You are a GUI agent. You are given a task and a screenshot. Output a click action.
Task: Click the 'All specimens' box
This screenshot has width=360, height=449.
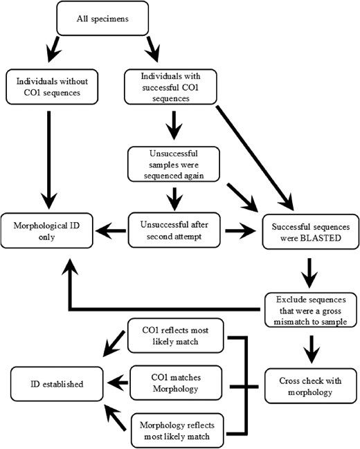[102, 19]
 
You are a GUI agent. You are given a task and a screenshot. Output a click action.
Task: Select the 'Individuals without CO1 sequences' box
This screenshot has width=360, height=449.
[52, 86]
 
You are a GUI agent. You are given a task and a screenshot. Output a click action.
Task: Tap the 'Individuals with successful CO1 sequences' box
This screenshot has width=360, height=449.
[170, 86]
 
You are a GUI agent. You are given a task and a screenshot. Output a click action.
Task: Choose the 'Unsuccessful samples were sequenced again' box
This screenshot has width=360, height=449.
[174, 165]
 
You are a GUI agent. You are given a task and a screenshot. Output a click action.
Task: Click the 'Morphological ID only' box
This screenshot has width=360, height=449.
[46, 231]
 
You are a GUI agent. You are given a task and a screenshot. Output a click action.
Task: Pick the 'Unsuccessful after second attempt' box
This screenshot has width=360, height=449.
[174, 230]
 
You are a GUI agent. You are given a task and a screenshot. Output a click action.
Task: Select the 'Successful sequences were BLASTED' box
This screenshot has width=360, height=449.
[311, 232]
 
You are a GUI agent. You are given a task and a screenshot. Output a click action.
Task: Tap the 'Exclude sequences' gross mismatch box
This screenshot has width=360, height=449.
[311, 310]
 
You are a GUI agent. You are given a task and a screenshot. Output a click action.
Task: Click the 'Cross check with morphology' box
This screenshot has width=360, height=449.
[311, 386]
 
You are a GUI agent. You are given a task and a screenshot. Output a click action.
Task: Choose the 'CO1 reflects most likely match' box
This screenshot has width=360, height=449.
[175, 336]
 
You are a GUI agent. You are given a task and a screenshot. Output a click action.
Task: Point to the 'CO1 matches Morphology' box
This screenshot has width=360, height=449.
[176, 383]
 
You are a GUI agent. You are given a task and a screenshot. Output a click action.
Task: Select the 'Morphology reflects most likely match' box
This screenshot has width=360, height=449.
[177, 431]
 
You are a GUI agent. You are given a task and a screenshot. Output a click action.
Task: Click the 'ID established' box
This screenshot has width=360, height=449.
[57, 384]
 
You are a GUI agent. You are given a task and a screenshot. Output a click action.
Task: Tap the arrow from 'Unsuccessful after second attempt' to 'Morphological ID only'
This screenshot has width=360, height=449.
[111, 231]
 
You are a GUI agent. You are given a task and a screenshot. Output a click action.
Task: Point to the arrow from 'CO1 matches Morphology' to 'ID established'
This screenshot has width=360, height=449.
[118, 383]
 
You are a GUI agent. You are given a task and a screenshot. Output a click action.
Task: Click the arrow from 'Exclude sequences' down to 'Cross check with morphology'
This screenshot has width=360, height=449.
[312, 349]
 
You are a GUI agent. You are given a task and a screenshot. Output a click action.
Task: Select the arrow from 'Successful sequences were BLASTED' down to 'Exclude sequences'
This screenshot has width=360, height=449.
[309, 273]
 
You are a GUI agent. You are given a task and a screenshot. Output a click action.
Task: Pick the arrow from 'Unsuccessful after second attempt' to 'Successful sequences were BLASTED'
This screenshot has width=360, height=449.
[240, 230]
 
